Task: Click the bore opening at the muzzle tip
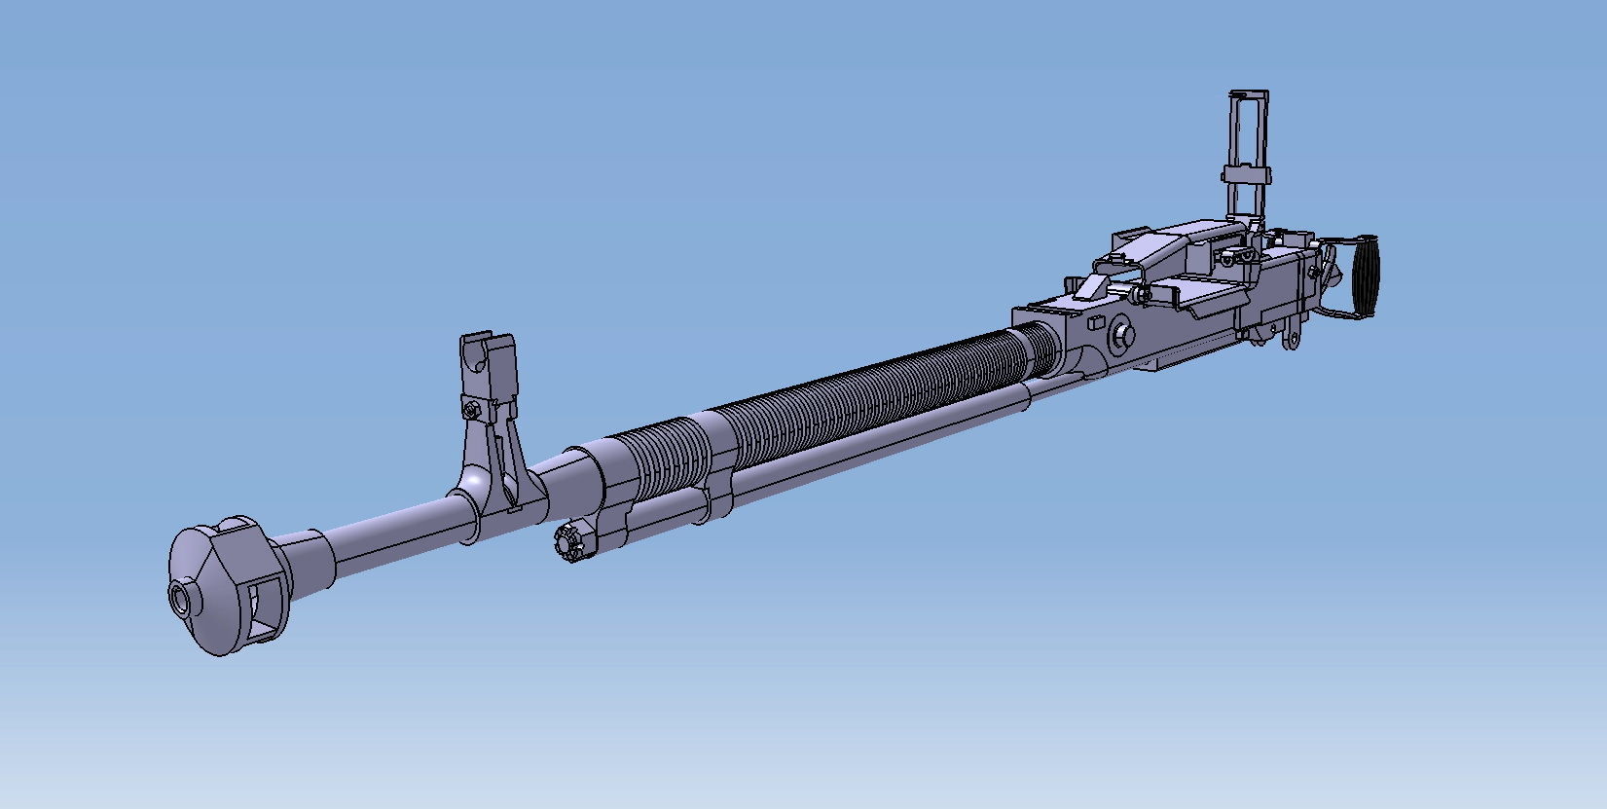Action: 182,597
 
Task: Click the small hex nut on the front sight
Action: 472,410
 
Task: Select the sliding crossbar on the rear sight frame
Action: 1246,175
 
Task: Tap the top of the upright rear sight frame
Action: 1248,94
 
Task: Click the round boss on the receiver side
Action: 1123,336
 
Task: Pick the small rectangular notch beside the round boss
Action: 1094,321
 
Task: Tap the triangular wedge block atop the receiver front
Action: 1092,288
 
